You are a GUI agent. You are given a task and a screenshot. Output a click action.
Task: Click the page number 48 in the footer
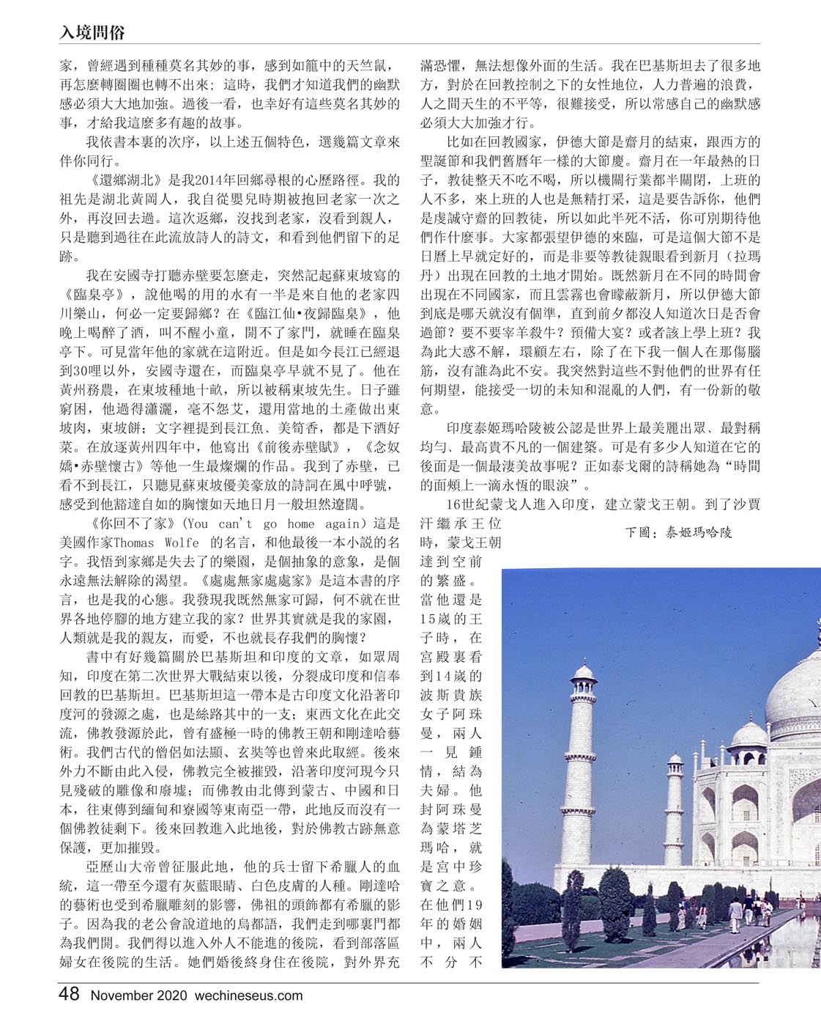(69, 995)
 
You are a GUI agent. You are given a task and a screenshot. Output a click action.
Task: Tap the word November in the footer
(122, 996)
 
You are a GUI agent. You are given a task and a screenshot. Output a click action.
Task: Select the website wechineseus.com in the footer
(248, 996)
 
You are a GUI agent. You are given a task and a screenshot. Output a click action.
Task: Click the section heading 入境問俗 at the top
(92, 32)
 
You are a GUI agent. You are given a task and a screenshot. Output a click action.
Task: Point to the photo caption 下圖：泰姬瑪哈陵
(678, 532)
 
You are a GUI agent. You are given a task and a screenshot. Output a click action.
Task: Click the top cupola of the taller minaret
(584, 673)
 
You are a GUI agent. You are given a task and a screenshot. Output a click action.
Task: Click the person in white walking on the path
(735, 913)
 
